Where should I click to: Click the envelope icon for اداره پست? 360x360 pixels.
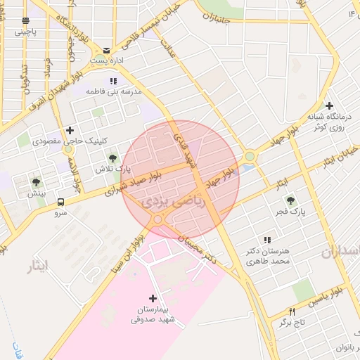click(x=106, y=50)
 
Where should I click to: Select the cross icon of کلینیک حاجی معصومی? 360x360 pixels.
click(x=70, y=130)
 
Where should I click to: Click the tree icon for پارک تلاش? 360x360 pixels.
click(x=112, y=158)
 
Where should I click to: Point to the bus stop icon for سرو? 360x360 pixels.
click(x=60, y=202)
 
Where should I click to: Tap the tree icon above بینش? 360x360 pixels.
click(x=36, y=183)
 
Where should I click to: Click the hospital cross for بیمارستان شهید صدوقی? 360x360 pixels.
click(x=153, y=299)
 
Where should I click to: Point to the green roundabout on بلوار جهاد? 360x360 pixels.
click(x=250, y=156)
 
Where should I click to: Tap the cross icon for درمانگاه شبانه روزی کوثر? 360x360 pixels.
click(x=329, y=105)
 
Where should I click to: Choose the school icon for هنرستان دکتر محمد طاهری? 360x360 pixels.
click(x=266, y=240)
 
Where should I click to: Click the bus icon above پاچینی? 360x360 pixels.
click(x=26, y=21)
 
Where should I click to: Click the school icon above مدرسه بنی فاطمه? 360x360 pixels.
click(x=113, y=81)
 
